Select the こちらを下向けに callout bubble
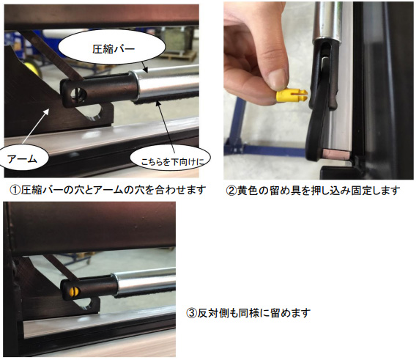click(171, 158)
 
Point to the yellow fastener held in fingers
click(292, 97)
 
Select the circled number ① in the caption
click(15, 190)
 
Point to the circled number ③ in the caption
click(191, 312)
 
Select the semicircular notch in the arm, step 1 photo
click(93, 111)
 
